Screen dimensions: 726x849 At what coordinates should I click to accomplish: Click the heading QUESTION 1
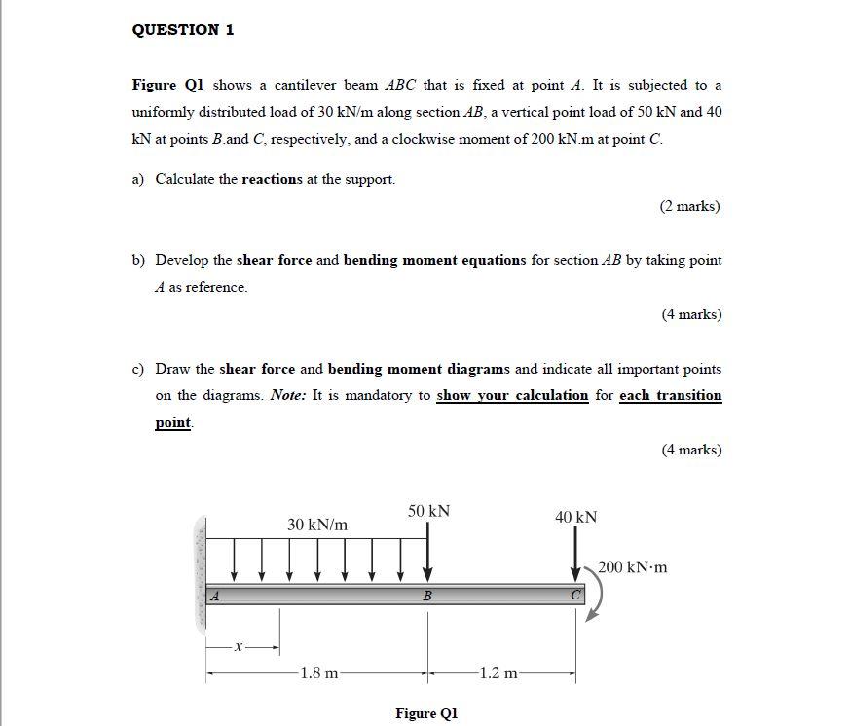pyautogui.click(x=183, y=29)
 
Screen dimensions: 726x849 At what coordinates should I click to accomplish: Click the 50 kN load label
pyautogui.click(x=428, y=511)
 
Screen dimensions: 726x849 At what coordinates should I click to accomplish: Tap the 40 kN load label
pyautogui.click(x=575, y=517)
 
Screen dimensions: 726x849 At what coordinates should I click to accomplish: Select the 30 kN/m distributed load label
pyautogui.click(x=317, y=525)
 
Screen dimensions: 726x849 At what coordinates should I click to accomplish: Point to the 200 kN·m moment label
pyautogui.click(x=632, y=567)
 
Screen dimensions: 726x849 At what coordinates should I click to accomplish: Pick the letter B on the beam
pyautogui.click(x=426, y=597)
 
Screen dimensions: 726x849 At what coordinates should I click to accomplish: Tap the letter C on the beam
pyautogui.click(x=575, y=595)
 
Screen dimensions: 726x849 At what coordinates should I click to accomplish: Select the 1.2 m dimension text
pyautogui.click(x=499, y=672)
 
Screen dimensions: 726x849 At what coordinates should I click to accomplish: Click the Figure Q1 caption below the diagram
pyautogui.click(x=425, y=713)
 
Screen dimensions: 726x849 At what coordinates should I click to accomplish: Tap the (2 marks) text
pyautogui.click(x=689, y=206)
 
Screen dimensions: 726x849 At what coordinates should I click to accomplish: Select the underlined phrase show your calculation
pyautogui.click(x=512, y=395)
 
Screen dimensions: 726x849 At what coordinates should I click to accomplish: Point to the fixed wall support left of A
pyautogui.click(x=202, y=575)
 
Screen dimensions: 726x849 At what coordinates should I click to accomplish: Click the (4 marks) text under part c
pyautogui.click(x=689, y=450)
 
